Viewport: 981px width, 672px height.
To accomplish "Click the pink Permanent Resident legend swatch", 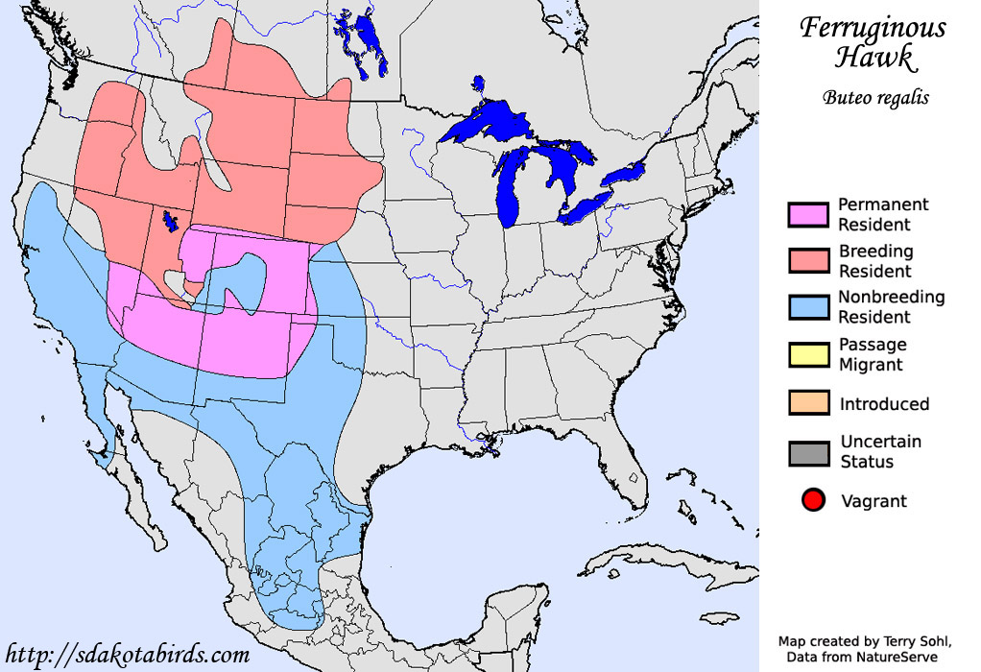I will click(807, 215).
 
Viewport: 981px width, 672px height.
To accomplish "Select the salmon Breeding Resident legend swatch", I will click(807, 261).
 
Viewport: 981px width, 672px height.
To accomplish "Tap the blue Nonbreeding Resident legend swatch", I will click(807, 307).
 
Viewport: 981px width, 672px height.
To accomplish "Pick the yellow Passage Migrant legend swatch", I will click(807, 354).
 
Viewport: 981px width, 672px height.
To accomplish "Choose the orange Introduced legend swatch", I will click(807, 403).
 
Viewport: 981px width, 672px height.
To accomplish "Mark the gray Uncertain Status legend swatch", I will click(807, 451).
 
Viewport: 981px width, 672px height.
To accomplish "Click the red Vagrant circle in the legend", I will click(813, 500).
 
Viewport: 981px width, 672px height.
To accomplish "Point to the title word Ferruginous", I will click(873, 28).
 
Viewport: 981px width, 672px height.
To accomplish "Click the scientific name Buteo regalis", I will click(875, 97).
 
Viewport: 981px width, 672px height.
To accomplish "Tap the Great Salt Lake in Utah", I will click(171, 222).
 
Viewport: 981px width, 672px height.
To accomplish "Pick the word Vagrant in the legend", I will click(873, 500).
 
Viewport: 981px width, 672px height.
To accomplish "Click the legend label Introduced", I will click(884, 404).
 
